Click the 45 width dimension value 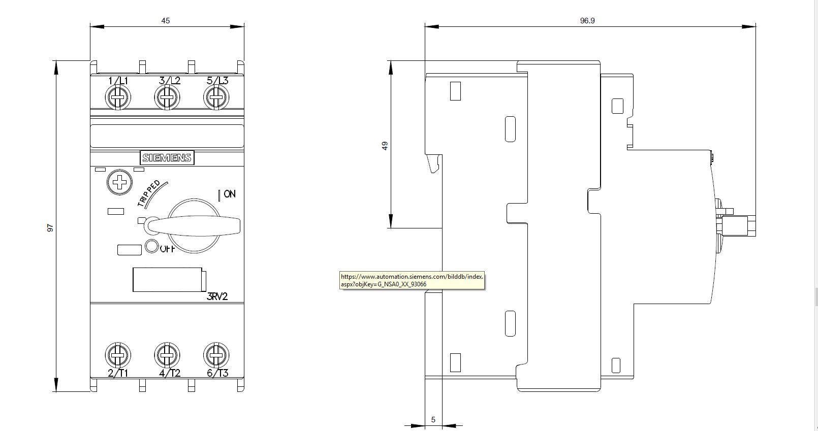click(166, 21)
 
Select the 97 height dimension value click(50, 228)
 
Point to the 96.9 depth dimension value click(587, 21)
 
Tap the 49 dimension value click(385, 146)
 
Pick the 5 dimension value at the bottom click(433, 420)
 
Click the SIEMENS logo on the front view click(167, 158)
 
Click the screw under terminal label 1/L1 click(117, 97)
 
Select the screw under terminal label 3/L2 click(167, 97)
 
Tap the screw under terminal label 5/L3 click(216, 97)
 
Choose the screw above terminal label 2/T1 click(117, 355)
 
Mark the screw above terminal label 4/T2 click(167, 355)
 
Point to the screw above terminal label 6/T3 click(216, 355)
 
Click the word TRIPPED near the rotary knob click(149, 193)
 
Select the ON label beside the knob click(230, 194)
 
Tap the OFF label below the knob click(168, 249)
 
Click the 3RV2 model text click(217, 296)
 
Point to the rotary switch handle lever click(193, 225)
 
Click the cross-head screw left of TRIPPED click(119, 182)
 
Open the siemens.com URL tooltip click(412, 280)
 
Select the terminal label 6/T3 click(217, 373)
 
